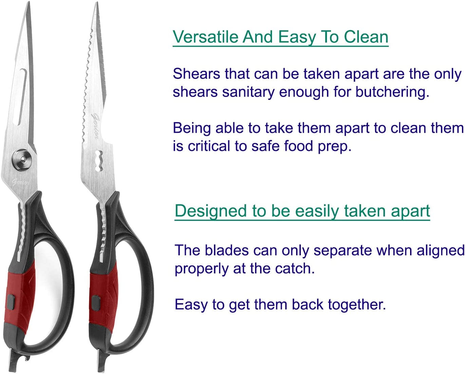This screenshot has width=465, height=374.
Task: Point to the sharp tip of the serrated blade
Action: point(97,5)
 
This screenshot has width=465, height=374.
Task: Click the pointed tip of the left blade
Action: point(27,4)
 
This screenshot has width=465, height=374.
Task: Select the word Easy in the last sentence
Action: point(191,305)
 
